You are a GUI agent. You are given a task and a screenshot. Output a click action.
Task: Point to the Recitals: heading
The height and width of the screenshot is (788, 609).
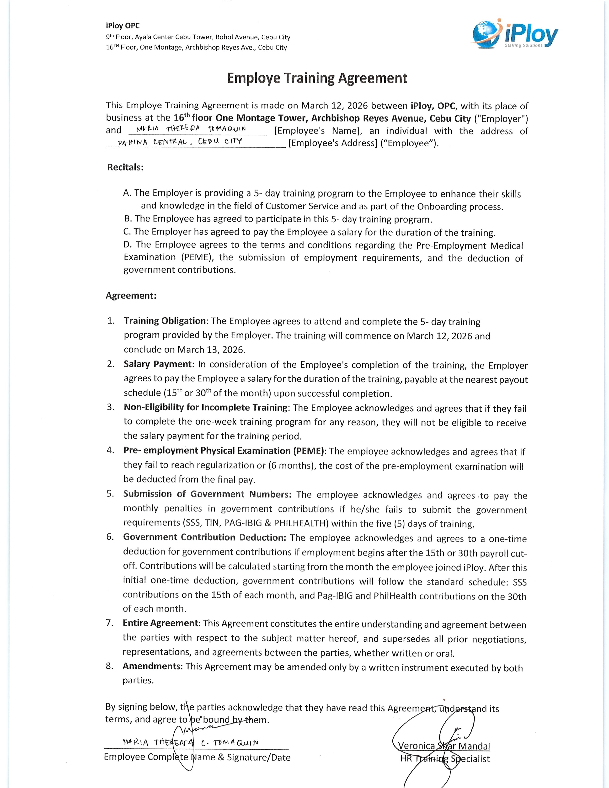point(125,167)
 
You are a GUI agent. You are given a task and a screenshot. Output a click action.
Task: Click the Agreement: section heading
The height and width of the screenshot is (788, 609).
point(131,296)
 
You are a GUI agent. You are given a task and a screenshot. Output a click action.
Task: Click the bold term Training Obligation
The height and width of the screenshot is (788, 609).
point(165,321)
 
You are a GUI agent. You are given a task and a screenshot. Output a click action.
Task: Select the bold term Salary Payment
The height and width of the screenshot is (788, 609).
point(157,364)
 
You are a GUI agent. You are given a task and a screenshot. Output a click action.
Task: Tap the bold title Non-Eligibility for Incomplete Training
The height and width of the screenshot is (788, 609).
point(205,407)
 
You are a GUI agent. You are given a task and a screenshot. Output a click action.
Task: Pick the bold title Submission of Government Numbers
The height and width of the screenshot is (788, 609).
point(207,494)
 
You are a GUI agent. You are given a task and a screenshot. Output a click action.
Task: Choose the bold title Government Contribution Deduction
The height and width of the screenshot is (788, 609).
point(204,537)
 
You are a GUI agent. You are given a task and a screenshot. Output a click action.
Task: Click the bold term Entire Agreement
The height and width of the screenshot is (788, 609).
point(160,623)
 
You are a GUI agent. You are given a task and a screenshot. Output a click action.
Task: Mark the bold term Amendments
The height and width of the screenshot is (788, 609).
point(151,666)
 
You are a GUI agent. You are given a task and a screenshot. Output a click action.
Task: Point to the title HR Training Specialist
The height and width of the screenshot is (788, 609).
point(445,759)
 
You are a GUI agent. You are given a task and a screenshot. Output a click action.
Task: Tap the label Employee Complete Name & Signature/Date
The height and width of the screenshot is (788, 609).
point(197,757)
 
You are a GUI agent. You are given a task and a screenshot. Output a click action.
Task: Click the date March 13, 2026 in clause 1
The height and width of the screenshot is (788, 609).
point(211,350)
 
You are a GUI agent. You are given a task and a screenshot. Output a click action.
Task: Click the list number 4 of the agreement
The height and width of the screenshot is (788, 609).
point(110,450)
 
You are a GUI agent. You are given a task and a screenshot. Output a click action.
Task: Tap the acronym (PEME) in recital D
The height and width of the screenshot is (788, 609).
point(196,257)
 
